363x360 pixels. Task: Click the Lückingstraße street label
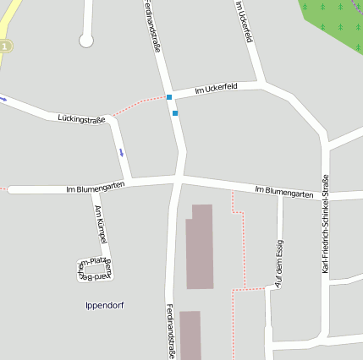coord(81,120)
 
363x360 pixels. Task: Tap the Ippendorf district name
coord(105,305)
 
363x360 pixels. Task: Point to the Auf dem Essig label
coord(279,264)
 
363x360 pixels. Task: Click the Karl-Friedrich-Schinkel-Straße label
coord(326,223)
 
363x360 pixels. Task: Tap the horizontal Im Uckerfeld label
coord(216,88)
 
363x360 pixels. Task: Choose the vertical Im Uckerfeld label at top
coord(245,21)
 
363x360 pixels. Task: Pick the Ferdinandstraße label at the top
coord(154,27)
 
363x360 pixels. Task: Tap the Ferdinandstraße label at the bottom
coord(170,331)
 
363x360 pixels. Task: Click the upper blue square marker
coord(169,97)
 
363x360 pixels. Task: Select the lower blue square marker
coord(175,113)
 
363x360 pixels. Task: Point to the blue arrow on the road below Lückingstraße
coord(121,152)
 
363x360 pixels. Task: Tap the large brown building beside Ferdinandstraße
coord(200,247)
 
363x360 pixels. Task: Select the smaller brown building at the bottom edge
coord(190,335)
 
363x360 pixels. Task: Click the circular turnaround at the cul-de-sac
coord(85,40)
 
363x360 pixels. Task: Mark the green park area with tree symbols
coord(334,21)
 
